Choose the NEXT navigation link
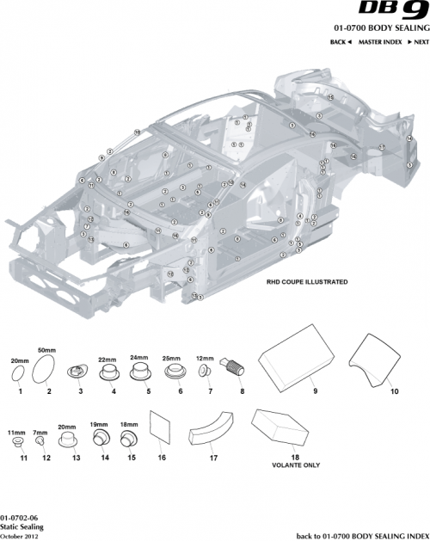pyautogui.click(x=417, y=41)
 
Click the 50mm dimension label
pyautogui.click(x=46, y=351)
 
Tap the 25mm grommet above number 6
pyautogui.click(x=179, y=372)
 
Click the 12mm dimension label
pyautogui.click(x=206, y=357)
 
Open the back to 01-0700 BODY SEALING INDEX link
pyautogui.click(x=361, y=534)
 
